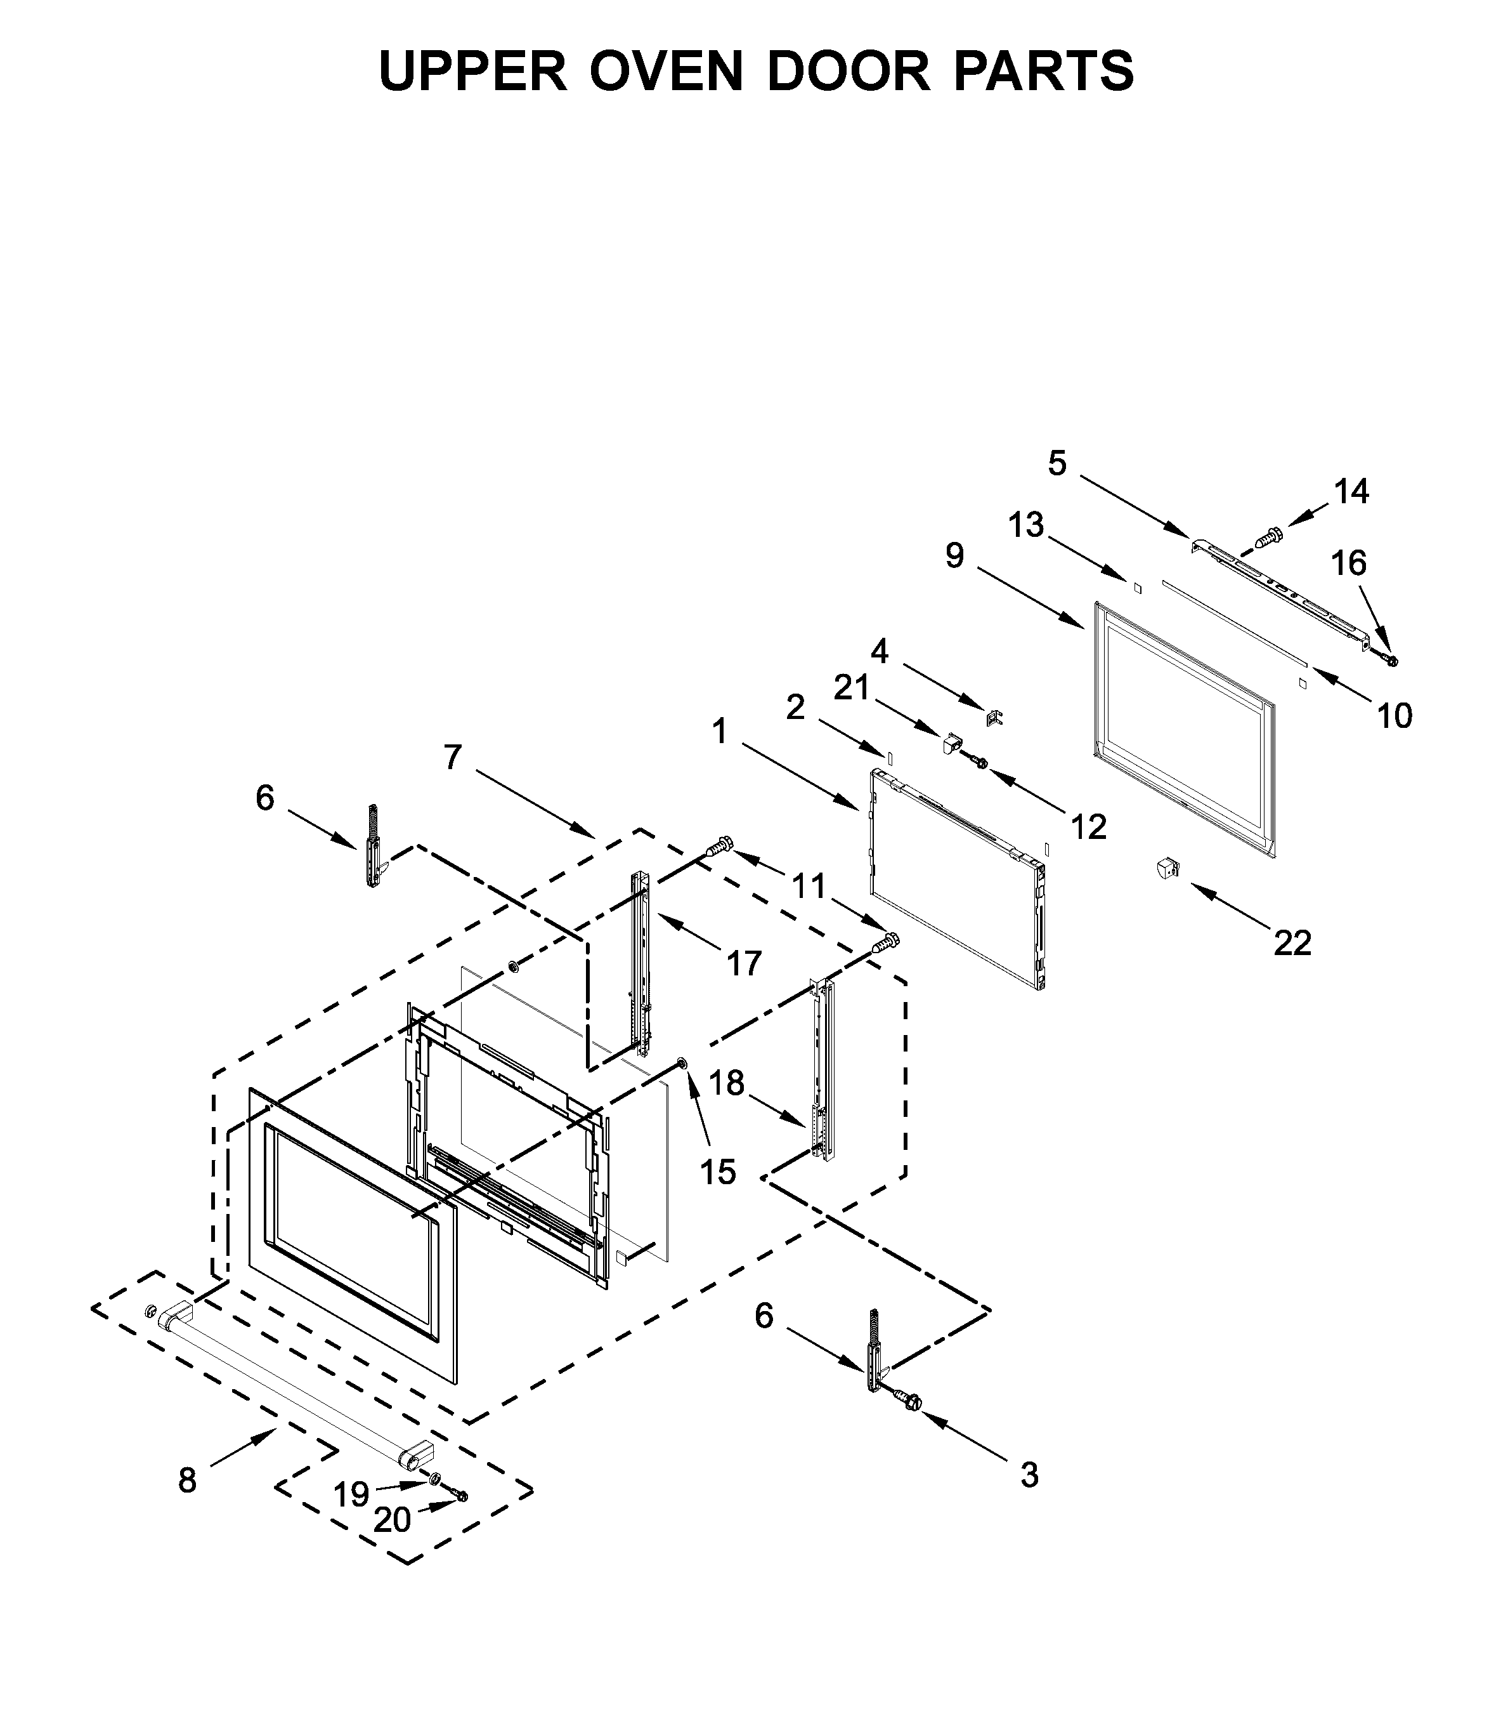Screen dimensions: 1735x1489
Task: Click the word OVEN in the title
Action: coord(666,70)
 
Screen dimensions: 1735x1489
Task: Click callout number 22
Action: coord(1292,944)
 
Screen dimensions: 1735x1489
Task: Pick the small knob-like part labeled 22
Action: coord(1165,867)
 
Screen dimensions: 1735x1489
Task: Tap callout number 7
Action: coord(452,757)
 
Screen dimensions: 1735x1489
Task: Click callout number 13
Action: coord(1025,525)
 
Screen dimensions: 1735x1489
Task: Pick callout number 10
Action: coord(1395,715)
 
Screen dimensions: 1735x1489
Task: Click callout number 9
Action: coord(954,555)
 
